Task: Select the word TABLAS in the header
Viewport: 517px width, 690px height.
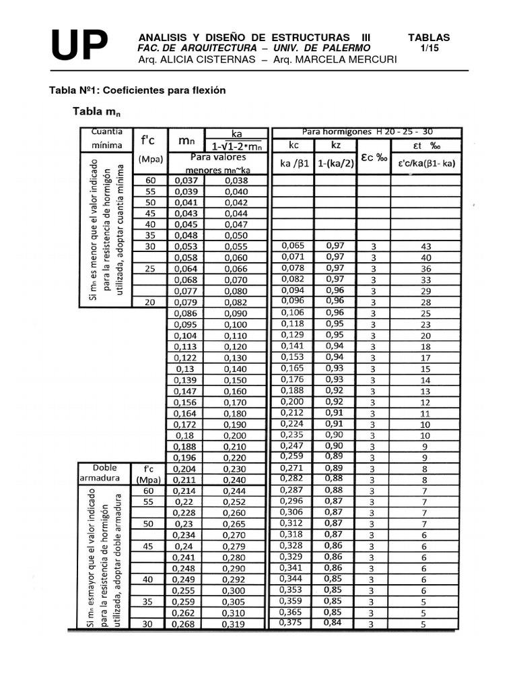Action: (429, 38)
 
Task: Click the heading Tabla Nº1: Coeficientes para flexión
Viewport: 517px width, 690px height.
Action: (138, 90)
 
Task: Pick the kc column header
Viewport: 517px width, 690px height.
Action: (293, 144)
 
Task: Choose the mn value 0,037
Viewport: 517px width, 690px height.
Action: (185, 181)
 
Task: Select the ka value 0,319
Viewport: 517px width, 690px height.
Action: (236, 624)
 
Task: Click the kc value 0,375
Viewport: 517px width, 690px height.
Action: (292, 623)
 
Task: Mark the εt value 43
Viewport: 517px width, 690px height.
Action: (425, 247)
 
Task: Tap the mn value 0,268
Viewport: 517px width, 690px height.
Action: (185, 624)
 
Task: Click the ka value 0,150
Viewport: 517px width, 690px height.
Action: (236, 380)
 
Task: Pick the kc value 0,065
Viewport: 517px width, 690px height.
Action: (292, 246)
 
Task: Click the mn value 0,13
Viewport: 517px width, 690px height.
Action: (185, 369)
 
